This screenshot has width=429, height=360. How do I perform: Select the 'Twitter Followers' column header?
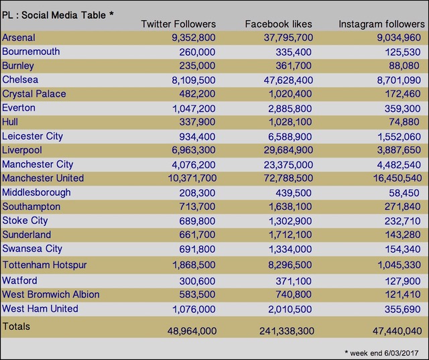click(x=178, y=24)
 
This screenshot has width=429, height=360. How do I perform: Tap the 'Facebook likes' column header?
click(x=279, y=24)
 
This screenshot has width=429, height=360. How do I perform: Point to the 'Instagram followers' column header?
click(x=381, y=24)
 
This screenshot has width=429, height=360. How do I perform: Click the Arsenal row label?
click(x=19, y=38)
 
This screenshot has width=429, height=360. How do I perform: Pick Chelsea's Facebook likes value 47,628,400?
click(x=288, y=80)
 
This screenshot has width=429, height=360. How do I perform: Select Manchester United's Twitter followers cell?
click(x=192, y=178)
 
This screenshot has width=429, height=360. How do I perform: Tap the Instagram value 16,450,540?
click(x=397, y=178)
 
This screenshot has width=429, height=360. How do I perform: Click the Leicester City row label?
click(x=33, y=136)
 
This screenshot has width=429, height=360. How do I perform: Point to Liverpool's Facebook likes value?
click(x=288, y=150)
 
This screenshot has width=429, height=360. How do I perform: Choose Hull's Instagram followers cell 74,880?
click(x=404, y=122)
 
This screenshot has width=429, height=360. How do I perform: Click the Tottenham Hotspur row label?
click(x=45, y=265)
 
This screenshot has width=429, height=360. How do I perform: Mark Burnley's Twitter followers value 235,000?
click(x=197, y=66)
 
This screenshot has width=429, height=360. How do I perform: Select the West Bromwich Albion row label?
click(x=51, y=294)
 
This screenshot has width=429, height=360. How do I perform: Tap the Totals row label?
click(x=16, y=326)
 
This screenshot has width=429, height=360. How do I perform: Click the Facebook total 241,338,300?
click(x=287, y=331)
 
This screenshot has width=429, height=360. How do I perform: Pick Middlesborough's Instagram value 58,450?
click(x=404, y=193)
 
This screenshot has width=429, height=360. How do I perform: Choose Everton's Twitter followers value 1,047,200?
click(x=194, y=109)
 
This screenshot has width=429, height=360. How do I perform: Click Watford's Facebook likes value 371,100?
click(x=294, y=281)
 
